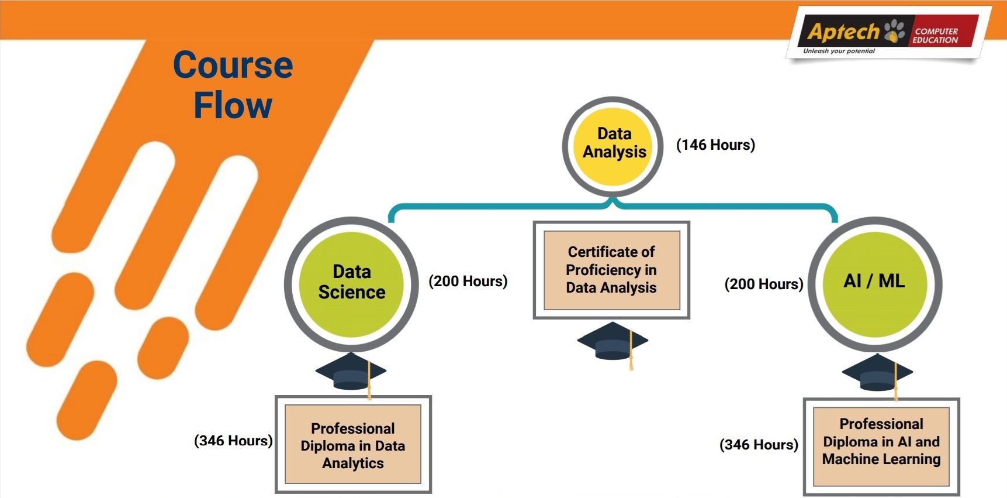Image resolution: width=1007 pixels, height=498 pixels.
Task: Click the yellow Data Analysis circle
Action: pyautogui.click(x=612, y=146)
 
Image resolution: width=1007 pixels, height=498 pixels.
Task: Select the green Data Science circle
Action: pyautogui.click(x=351, y=284)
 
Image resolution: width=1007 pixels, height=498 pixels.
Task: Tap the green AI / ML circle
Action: pyautogui.click(x=875, y=284)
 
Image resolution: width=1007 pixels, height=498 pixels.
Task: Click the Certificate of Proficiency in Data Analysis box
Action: pyautogui.click(x=611, y=270)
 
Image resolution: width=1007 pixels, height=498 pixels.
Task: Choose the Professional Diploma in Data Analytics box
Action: pyautogui.click(x=353, y=444)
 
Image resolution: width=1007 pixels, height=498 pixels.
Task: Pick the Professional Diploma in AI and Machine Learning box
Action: pyautogui.click(x=881, y=447)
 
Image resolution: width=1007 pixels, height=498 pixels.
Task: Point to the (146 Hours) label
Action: pyautogui.click(x=715, y=145)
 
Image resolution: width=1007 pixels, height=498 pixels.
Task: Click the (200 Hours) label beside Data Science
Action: pyautogui.click(x=468, y=281)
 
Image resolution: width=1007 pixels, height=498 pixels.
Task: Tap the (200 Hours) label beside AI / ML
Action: pyautogui.click(x=764, y=284)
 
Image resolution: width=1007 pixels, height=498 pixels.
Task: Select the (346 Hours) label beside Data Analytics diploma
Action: pyautogui.click(x=233, y=441)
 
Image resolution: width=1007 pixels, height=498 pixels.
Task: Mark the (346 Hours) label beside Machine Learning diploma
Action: pyautogui.click(x=759, y=445)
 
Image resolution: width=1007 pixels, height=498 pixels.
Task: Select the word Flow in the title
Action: pyautogui.click(x=233, y=105)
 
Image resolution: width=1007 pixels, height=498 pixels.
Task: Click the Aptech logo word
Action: pyautogui.click(x=843, y=32)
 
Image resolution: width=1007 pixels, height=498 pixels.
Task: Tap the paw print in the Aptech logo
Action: pyautogui.click(x=895, y=31)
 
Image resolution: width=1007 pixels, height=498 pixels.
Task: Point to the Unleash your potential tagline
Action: pyautogui.click(x=839, y=51)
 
